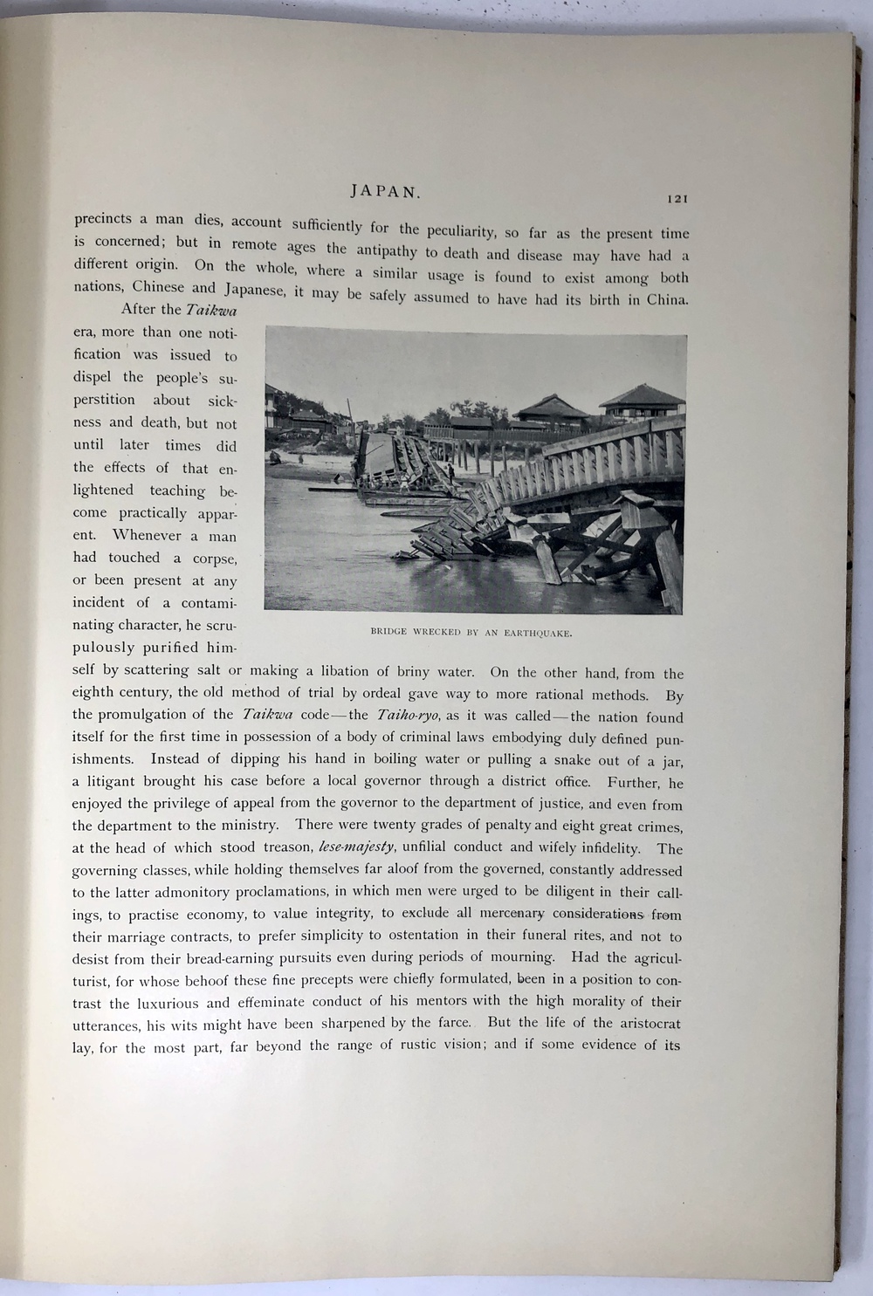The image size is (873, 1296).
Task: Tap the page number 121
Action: pyautogui.click(x=677, y=199)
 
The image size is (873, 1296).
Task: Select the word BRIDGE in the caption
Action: pyautogui.click(x=388, y=631)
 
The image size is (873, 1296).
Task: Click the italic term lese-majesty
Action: pyautogui.click(x=357, y=846)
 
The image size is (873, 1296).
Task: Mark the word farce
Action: pyautogui.click(x=452, y=1023)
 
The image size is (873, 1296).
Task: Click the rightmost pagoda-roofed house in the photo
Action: pyautogui.click(x=642, y=401)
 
